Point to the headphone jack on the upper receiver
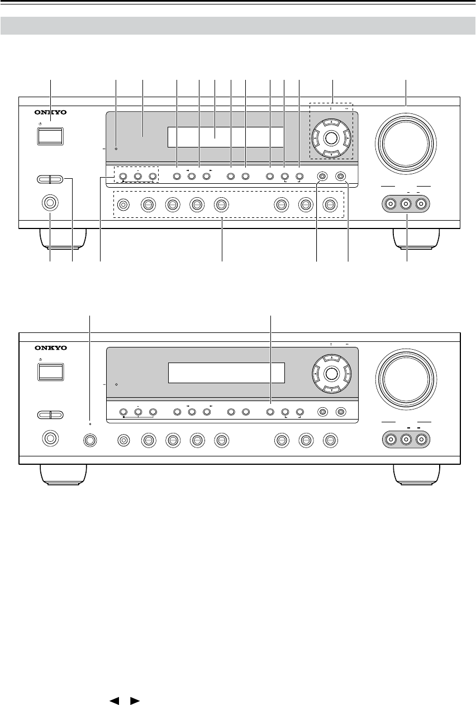[50, 204]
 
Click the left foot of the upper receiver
[63, 237]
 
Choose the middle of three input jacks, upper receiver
[407, 204]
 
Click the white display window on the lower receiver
[226, 373]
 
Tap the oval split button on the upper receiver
[50, 179]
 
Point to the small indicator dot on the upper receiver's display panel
[116, 149]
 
